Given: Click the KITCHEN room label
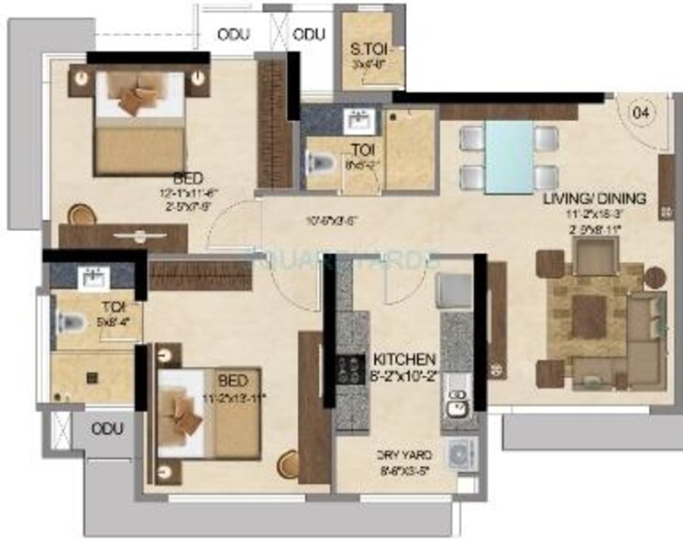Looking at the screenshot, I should pos(403,358).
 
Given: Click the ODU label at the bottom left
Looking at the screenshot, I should pos(106,429).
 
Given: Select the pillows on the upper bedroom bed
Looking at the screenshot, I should pos(136,95).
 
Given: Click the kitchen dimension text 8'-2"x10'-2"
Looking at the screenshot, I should pos(403,373).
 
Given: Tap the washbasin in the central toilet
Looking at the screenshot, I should pos(357,121).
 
